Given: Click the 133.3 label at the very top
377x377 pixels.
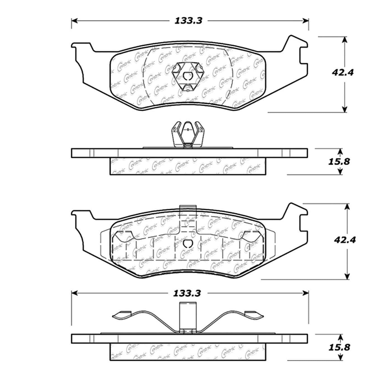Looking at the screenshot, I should [x=188, y=21].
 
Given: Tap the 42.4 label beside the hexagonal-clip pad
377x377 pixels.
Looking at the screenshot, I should [x=343, y=72].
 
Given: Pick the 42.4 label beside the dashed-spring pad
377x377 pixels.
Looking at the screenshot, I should [x=345, y=240].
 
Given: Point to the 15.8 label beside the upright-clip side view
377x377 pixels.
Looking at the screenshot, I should [x=339, y=161].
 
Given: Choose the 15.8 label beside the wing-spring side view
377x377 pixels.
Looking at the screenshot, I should [x=339, y=347].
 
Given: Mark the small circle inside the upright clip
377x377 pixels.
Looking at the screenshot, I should [x=188, y=129].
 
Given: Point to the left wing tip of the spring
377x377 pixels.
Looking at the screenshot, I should [x=122, y=315].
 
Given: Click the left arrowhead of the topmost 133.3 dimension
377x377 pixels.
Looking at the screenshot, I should [x=74, y=21].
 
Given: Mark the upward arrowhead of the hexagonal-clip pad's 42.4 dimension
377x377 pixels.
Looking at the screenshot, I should [x=345, y=40].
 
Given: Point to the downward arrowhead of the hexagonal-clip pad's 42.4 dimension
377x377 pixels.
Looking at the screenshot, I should [x=345, y=109].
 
